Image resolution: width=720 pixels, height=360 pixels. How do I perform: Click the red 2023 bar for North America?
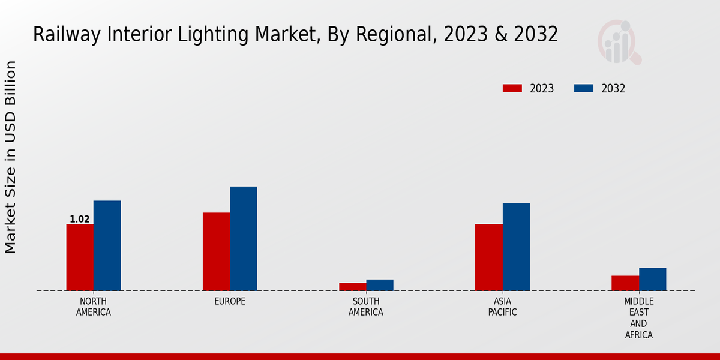pos(80,257)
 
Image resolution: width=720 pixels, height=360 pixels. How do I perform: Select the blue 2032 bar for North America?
pos(107,246)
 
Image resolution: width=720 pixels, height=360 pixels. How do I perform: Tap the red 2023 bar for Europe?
pos(216,252)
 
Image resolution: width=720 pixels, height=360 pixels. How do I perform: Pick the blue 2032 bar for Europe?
pos(243,239)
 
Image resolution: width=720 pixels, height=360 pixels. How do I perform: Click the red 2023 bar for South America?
pos(352,287)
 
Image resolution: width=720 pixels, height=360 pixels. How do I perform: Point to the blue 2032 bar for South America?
pos(380,285)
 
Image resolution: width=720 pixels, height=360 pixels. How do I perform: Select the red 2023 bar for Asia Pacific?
pos(488,257)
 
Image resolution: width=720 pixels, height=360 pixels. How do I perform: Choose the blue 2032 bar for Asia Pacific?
pos(516,247)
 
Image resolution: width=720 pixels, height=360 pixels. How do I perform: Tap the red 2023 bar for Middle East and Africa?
pos(625,283)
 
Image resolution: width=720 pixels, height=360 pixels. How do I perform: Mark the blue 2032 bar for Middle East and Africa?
pos(652,280)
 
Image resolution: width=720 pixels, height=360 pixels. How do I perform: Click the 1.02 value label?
pos(80,220)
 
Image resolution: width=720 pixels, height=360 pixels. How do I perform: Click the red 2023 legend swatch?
pos(512,88)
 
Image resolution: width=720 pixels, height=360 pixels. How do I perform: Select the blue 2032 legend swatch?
pos(583,88)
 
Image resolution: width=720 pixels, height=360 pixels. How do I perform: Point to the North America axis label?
pos(94,307)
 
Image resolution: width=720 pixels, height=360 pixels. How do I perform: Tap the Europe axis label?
pos(230,301)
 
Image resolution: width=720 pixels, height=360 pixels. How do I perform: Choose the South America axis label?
pos(366,307)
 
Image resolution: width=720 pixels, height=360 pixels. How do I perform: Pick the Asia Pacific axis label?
pos(502,307)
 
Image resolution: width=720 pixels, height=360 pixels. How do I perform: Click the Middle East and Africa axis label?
pos(639,318)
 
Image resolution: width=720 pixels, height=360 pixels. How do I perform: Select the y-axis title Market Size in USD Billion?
pos(11,157)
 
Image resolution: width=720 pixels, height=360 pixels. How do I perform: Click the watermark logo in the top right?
pos(619,42)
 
